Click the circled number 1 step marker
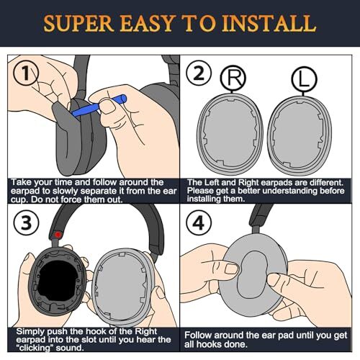click(x=26, y=73)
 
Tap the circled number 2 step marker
click(x=199, y=73)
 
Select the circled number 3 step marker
click(x=26, y=222)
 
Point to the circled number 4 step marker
click(x=199, y=222)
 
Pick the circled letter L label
click(x=304, y=79)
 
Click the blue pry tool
click(x=99, y=106)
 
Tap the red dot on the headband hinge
click(x=58, y=234)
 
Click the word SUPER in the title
click(x=78, y=23)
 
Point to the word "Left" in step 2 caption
click(x=212, y=183)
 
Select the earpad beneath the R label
click(x=230, y=132)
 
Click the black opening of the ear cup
click(x=58, y=281)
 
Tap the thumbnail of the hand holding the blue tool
click(x=107, y=106)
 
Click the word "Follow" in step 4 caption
click(x=197, y=336)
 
